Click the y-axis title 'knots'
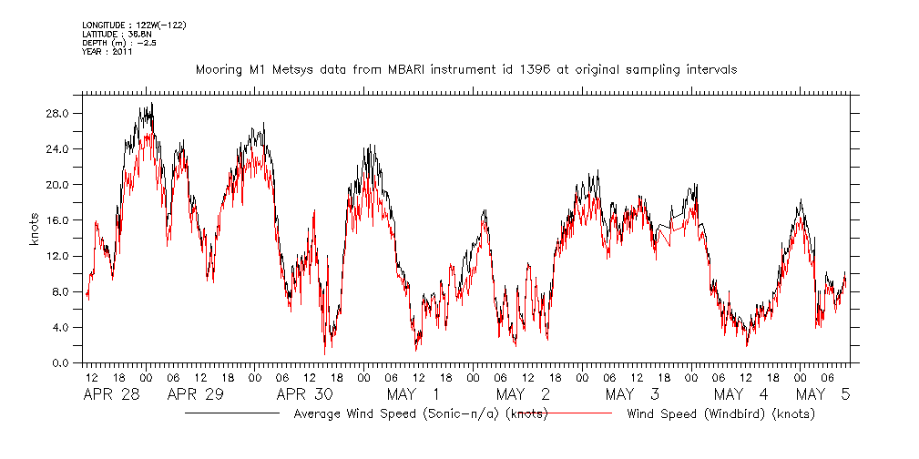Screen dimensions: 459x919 coord(35,239)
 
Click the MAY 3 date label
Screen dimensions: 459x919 coord(631,394)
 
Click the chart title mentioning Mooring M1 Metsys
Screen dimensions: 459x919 coord(466,70)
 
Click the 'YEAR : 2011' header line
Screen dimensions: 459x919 coord(107,52)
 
